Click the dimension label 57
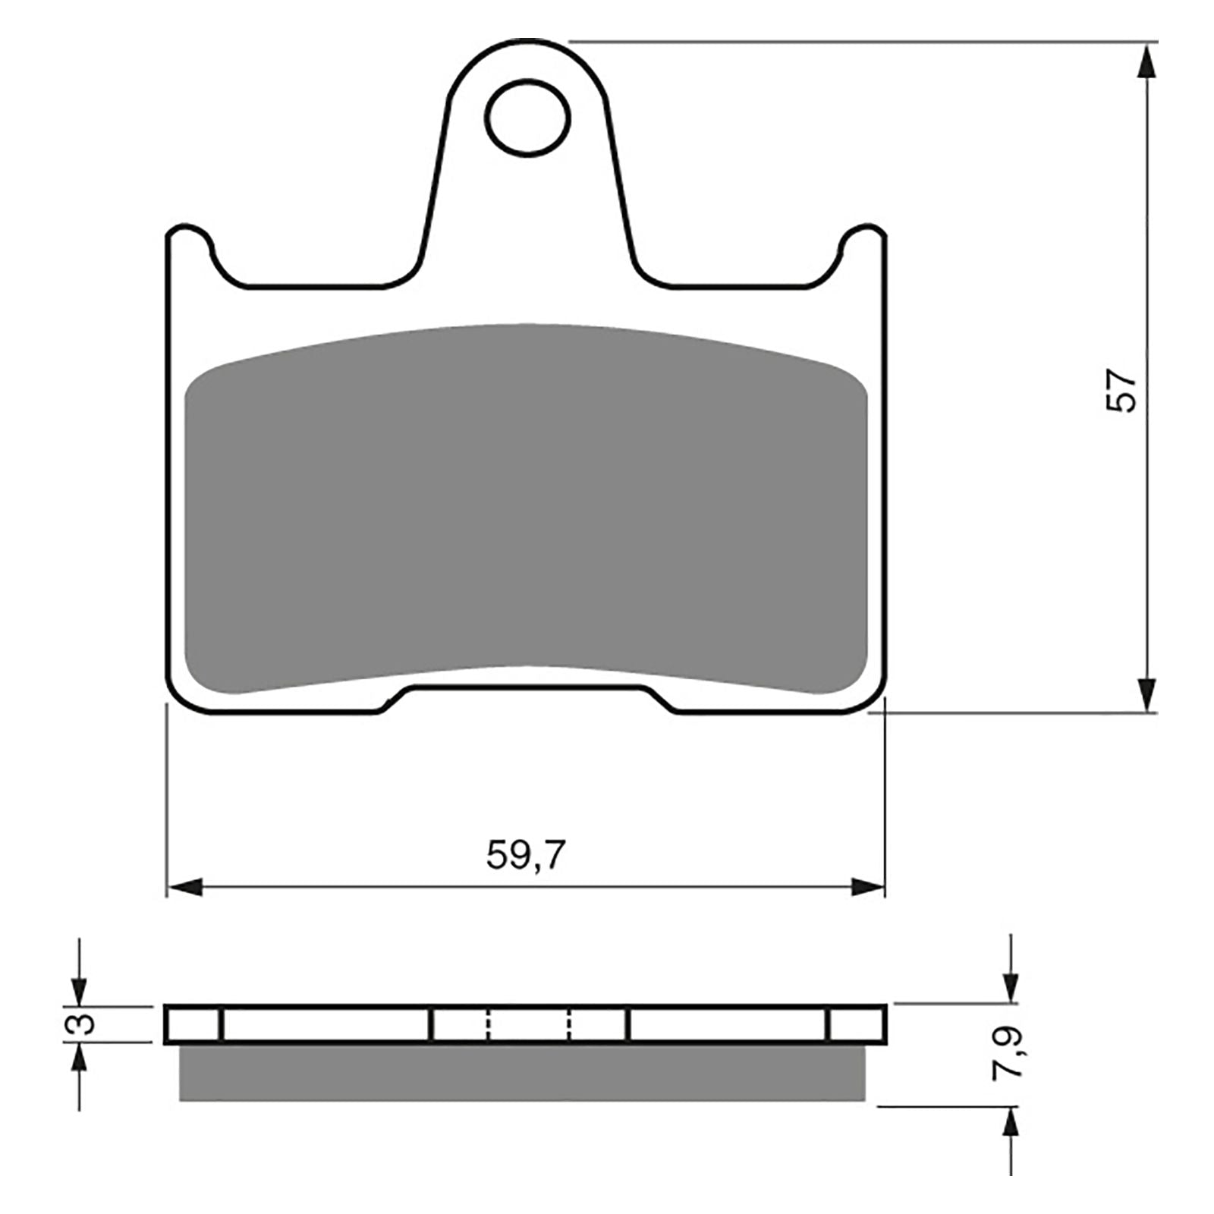(1122, 391)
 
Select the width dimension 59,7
(525, 856)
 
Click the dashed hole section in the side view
(529, 1024)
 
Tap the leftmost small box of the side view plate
(193, 1024)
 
